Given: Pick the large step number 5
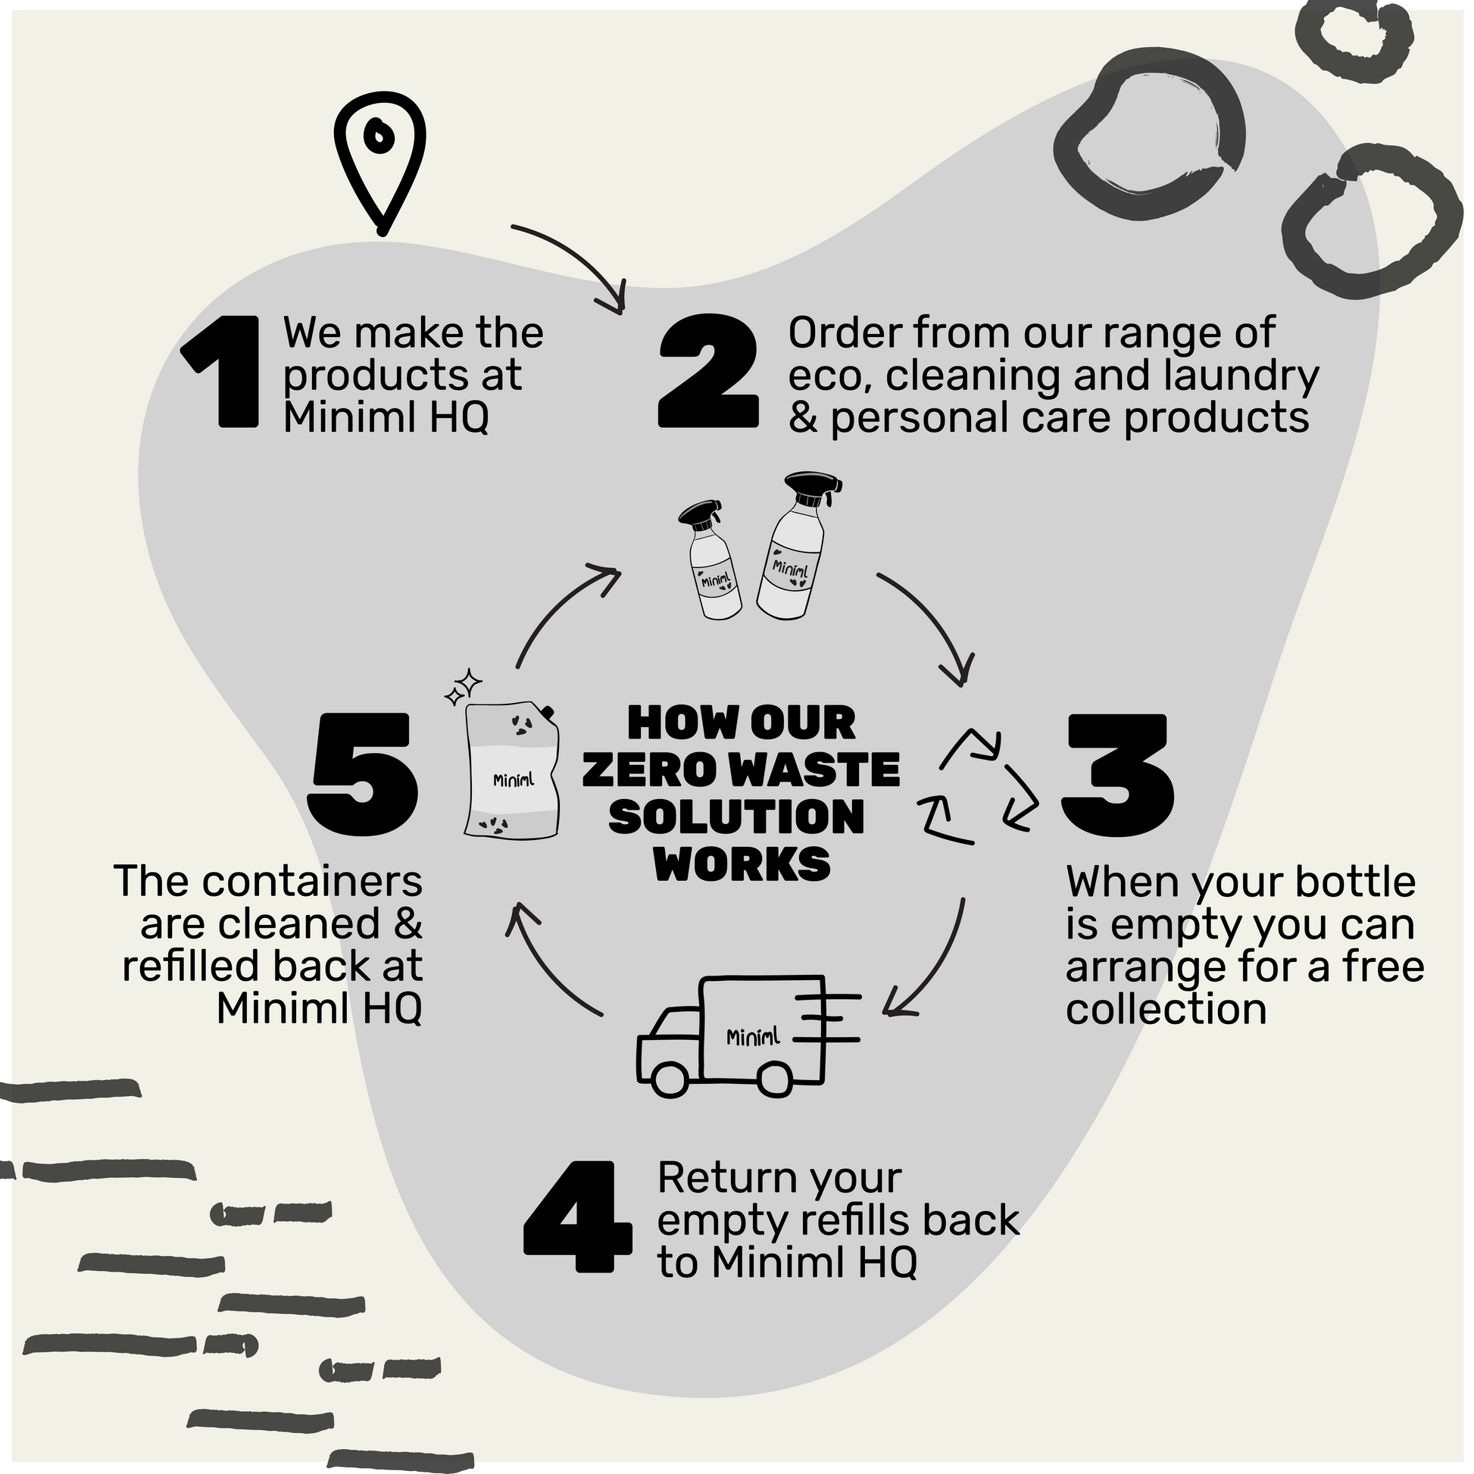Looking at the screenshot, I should pos(363,776).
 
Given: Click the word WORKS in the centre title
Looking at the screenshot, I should pos(742,864).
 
